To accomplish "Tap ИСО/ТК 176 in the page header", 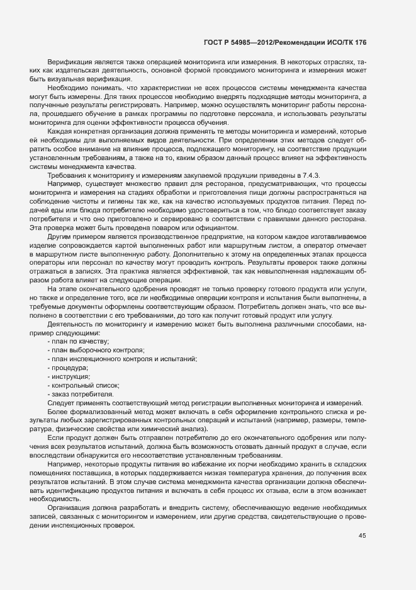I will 347,43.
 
